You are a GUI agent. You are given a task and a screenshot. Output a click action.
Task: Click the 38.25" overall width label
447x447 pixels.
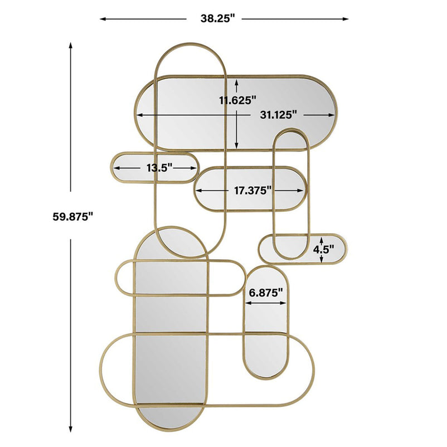(x=217, y=19)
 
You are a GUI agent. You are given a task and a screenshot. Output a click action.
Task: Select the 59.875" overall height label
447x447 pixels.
(x=73, y=216)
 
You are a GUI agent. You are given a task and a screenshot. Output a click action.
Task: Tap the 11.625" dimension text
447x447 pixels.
(x=238, y=100)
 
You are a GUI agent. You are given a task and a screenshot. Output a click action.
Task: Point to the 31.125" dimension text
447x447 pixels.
(x=279, y=115)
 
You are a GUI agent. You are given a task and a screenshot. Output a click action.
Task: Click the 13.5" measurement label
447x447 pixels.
(x=159, y=168)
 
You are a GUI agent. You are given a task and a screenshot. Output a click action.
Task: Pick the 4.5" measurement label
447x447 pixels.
(x=324, y=250)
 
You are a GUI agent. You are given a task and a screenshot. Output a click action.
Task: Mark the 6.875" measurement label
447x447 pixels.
(x=266, y=292)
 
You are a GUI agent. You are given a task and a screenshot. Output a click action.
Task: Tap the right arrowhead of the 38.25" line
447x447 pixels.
(x=345, y=19)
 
